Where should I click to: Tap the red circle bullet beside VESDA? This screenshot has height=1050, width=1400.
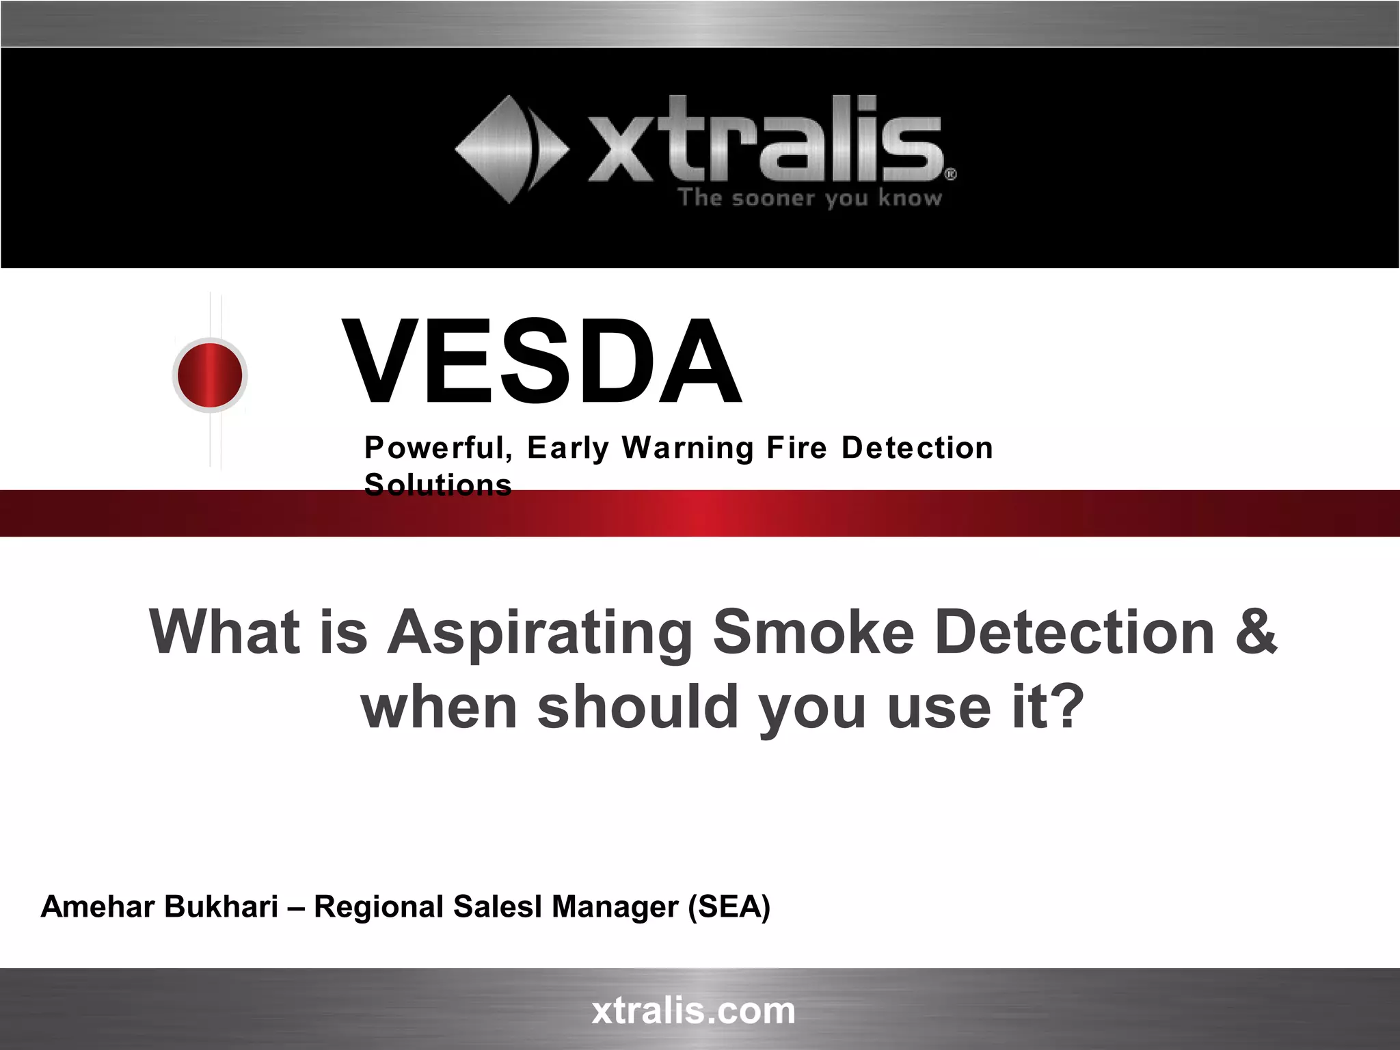pyautogui.click(x=210, y=375)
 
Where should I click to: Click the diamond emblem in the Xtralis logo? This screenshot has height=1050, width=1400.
pyautogui.click(x=511, y=149)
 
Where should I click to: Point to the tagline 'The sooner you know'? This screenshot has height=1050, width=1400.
pyautogui.click(x=810, y=198)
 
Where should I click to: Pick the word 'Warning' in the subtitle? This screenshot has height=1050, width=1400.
pyautogui.click(x=687, y=448)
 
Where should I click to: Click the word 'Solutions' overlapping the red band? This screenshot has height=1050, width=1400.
pyautogui.click(x=438, y=485)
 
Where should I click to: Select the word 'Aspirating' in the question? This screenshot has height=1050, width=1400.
pyautogui.click(x=540, y=632)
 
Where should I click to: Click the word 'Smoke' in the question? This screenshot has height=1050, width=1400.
pyautogui.click(x=813, y=632)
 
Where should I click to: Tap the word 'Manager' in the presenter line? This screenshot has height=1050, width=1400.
pyautogui.click(x=615, y=907)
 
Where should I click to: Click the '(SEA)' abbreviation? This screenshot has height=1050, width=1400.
pyautogui.click(x=729, y=907)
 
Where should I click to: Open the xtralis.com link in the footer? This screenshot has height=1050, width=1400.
pyautogui.click(x=693, y=1010)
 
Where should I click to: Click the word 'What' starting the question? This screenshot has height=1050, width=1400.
pyautogui.click(x=224, y=632)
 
